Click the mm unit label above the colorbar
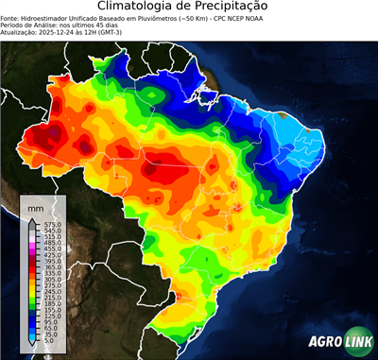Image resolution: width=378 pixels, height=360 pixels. [35, 206]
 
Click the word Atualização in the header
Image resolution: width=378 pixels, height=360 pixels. [19, 34]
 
